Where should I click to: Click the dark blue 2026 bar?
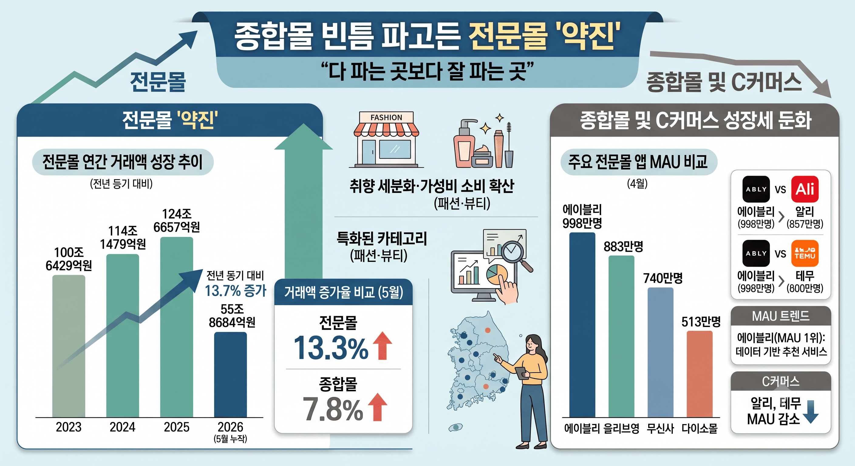(230, 374)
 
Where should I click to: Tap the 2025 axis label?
(177, 427)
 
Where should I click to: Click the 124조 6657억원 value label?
(177, 220)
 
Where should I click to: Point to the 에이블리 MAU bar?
(582, 325)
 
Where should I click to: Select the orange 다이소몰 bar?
(700, 374)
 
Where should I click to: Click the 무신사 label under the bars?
(660, 428)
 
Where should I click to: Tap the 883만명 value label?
(623, 246)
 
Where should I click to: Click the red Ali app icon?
(805, 189)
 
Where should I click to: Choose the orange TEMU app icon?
(805, 253)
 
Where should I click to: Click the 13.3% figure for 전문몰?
(331, 348)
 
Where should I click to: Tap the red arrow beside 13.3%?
(383, 346)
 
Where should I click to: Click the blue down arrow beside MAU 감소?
(811, 412)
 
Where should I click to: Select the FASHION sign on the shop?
(386, 117)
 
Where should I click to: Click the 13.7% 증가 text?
(235, 291)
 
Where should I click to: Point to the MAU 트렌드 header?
(781, 316)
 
